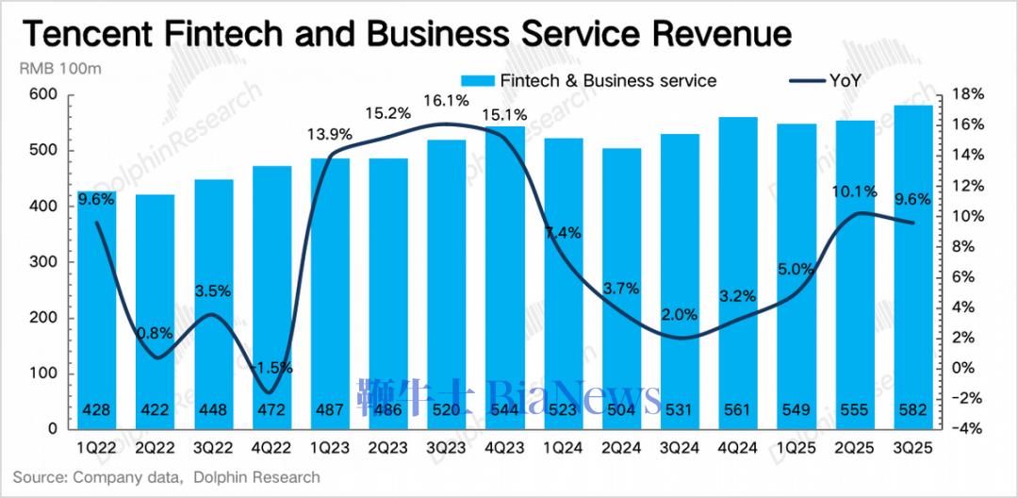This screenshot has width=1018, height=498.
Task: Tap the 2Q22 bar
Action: click(154, 311)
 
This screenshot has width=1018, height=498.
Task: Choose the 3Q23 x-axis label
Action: click(445, 445)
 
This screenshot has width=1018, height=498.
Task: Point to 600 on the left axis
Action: click(44, 95)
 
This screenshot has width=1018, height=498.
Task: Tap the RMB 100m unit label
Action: click(60, 70)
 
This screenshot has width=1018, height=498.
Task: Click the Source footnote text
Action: click(166, 477)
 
